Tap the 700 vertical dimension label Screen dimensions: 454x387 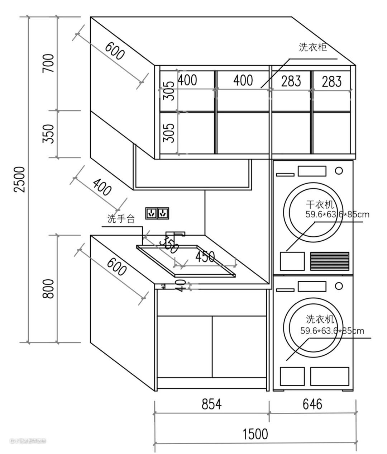(49, 63)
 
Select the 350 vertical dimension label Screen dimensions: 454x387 (49, 134)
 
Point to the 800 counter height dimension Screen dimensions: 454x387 (49, 289)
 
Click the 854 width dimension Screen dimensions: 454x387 (211, 404)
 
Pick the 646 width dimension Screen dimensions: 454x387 (312, 404)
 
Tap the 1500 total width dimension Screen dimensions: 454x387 (255, 434)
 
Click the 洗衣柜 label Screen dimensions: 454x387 (313, 47)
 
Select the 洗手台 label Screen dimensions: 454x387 (121, 219)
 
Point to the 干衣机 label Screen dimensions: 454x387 (320, 204)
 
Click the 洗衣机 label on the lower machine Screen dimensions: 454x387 (320, 318)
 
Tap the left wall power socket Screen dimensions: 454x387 (151, 213)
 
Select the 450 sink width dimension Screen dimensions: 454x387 (205, 257)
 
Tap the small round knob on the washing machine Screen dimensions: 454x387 (339, 286)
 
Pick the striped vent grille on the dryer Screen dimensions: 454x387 (329, 261)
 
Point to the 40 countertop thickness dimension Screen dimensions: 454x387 (181, 285)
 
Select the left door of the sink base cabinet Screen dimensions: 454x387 (185, 346)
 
